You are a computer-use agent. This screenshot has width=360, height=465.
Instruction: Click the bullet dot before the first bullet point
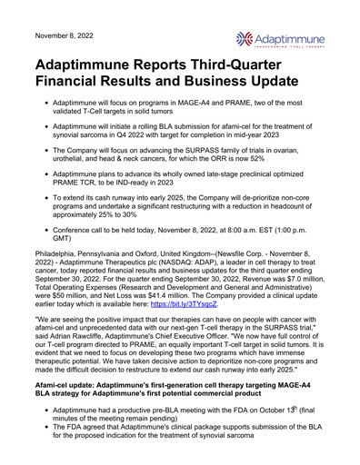point(46,120)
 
